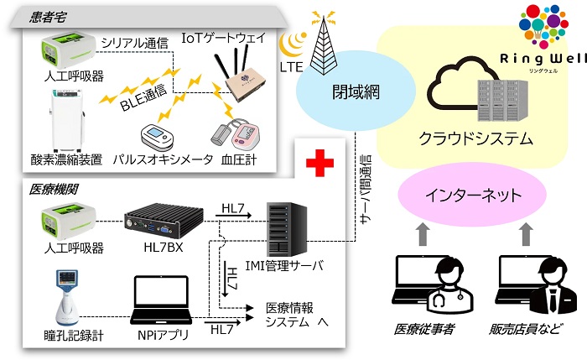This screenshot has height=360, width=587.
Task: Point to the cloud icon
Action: click(457, 89)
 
